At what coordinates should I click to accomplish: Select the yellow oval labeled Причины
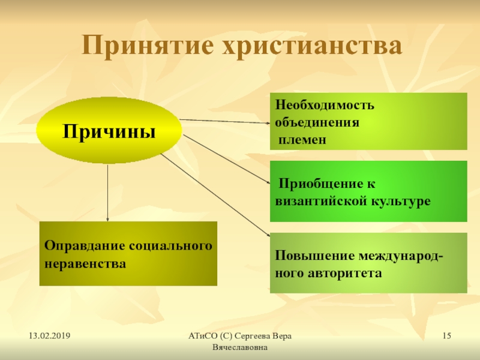tap(109, 130)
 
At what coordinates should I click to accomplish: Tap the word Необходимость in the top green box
tap(325, 105)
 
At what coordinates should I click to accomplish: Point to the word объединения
tap(317, 122)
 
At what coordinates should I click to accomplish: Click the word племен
tap(302, 140)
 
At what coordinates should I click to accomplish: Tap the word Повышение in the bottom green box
tap(314, 256)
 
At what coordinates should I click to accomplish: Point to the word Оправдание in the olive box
tap(85, 246)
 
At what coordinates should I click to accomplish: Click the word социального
tap(170, 246)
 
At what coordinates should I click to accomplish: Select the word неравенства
tap(85, 263)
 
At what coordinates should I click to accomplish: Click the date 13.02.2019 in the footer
tap(50, 336)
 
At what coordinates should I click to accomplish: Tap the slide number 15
tap(446, 336)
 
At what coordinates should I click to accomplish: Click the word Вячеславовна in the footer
tap(240, 347)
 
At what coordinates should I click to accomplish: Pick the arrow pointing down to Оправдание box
tap(107, 193)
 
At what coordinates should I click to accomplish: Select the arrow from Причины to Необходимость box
tap(224, 121)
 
